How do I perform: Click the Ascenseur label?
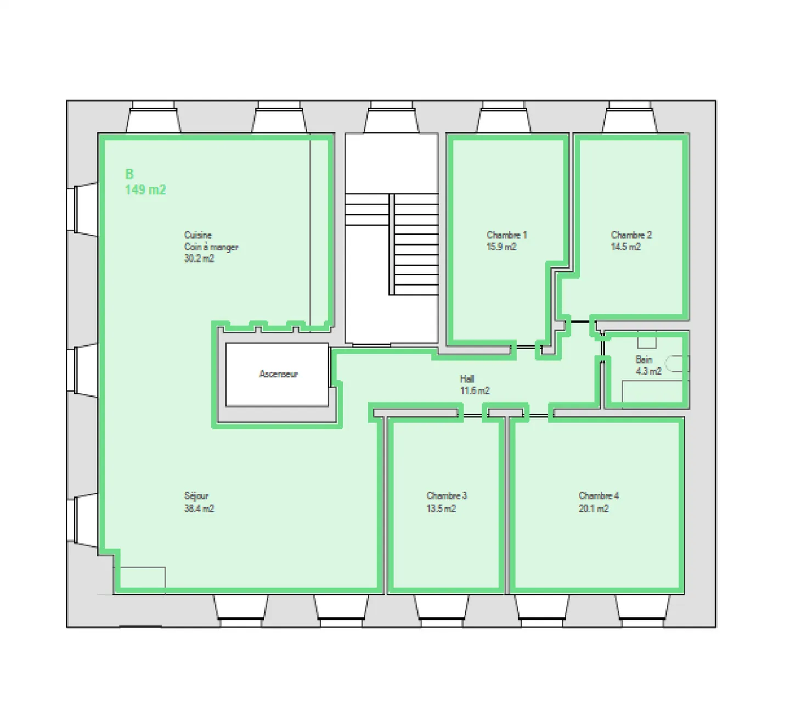pos(278,374)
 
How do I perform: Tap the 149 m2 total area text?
pos(145,190)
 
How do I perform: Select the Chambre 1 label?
pos(506,235)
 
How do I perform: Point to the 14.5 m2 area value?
pos(625,247)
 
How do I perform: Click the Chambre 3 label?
pos(447,495)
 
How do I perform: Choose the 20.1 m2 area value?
pos(593,509)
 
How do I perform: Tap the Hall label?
pos(467,379)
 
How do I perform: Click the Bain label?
pos(644,360)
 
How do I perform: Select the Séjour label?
pos(196,495)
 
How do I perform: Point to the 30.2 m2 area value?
pos(199,259)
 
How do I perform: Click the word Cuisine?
pos(198,235)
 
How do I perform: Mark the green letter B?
pos(129,175)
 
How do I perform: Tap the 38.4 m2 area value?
pos(199,509)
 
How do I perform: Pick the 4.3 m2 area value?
pos(648,371)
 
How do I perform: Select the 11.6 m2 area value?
pos(475,391)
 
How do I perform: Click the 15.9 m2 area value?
pos(501,247)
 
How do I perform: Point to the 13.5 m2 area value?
pos(441,509)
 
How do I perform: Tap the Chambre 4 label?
pos(599,495)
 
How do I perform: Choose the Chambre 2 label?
pos(631,235)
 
